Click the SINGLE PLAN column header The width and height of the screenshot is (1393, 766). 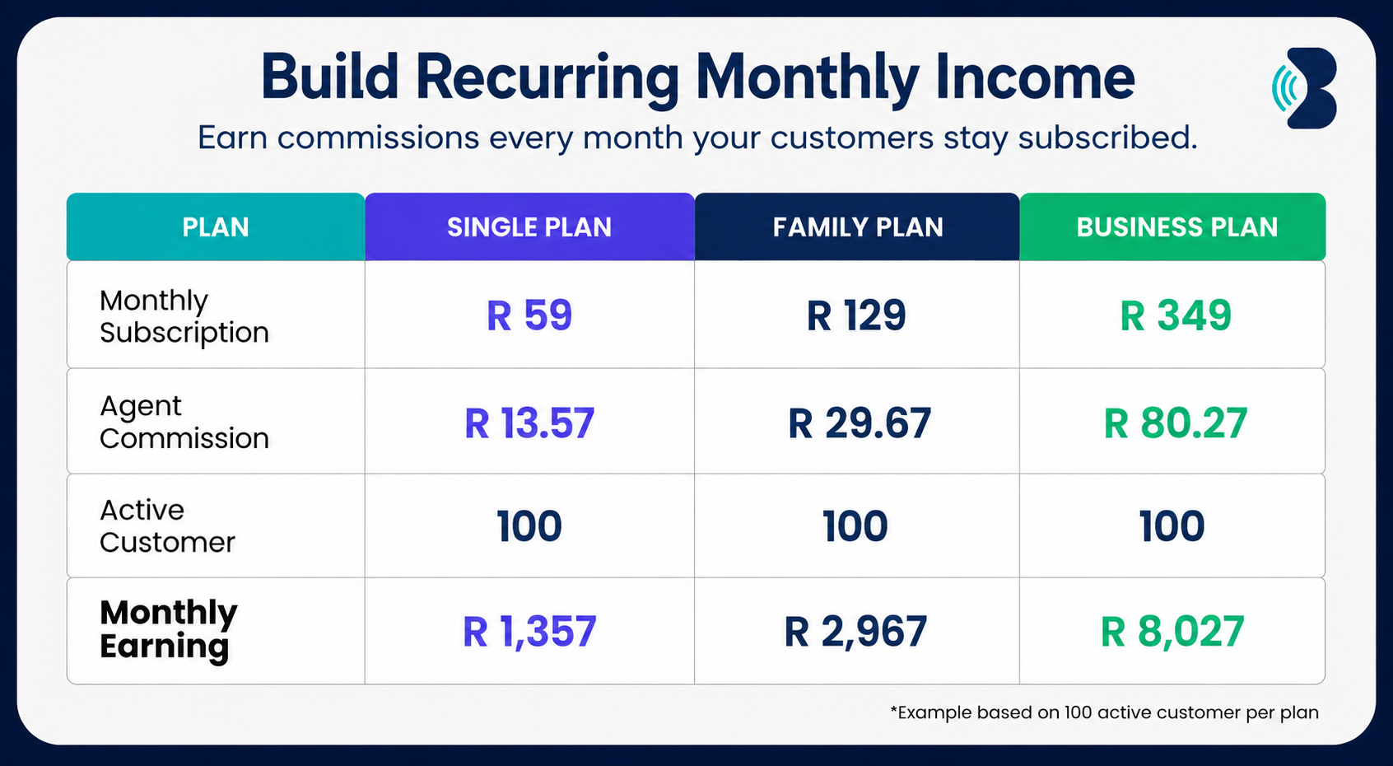pyautogui.click(x=529, y=227)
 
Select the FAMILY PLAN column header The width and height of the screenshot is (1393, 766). pyautogui.click(x=858, y=227)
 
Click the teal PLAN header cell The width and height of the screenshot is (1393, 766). pyautogui.click(x=216, y=227)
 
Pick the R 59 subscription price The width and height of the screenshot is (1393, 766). pyautogui.click(x=529, y=315)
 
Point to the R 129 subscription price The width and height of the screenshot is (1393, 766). pyautogui.click(x=856, y=315)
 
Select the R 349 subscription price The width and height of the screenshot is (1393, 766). pyautogui.click(x=1176, y=315)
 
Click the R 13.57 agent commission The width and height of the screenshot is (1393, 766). pyautogui.click(x=529, y=423)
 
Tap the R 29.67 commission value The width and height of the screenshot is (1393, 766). pyautogui.click(x=860, y=423)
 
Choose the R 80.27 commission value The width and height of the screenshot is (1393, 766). pyautogui.click(x=1176, y=423)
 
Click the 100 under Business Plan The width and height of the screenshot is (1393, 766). pyautogui.click(x=1172, y=525)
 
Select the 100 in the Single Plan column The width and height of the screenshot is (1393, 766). pyautogui.click(x=529, y=525)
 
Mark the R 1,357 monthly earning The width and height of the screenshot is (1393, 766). pyautogui.click(x=529, y=632)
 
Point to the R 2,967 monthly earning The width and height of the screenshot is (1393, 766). pyautogui.click(x=855, y=632)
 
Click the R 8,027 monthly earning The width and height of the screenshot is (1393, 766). pyautogui.click(x=1172, y=632)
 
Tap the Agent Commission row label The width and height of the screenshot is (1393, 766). pyautogui.click(x=184, y=422)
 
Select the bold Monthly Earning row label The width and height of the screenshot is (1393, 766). pyautogui.click(x=169, y=630)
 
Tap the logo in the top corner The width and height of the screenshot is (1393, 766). pyautogui.click(x=1305, y=88)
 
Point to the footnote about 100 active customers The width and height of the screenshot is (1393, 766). pyautogui.click(x=1105, y=712)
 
